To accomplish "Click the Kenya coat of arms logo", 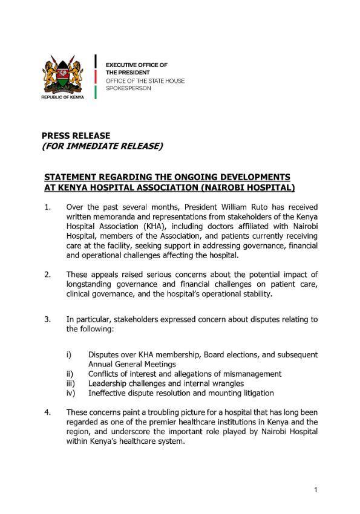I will coord(63,74).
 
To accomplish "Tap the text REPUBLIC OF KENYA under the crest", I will coord(63,97).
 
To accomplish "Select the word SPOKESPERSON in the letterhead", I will coord(129,88).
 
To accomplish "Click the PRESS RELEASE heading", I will coord(76,136).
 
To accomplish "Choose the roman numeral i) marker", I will coord(70,354).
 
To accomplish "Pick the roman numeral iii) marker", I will coord(71,383).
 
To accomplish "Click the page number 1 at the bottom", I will coord(315,489).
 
